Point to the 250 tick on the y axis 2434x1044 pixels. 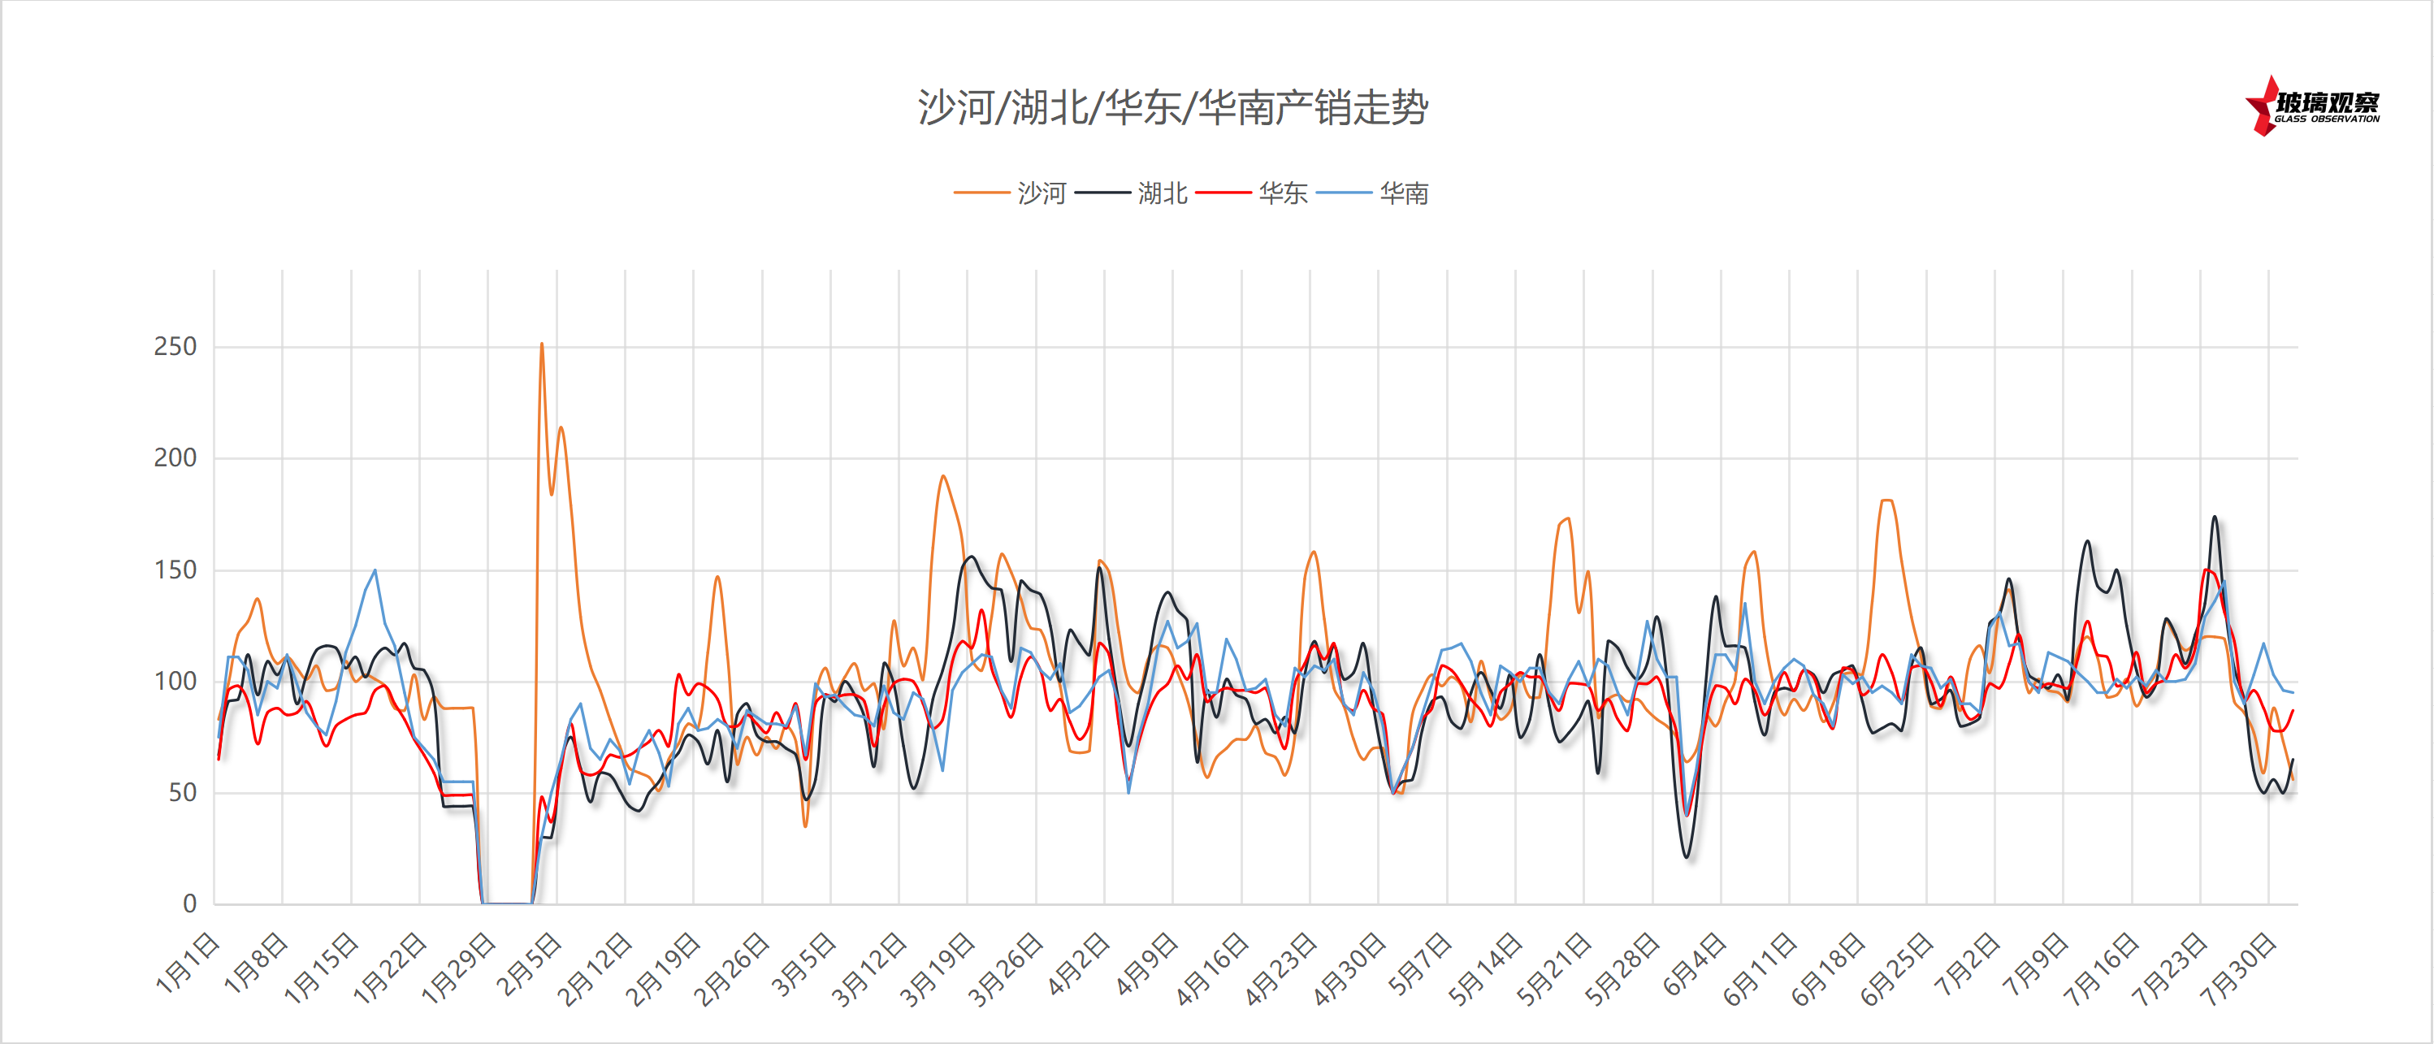175,347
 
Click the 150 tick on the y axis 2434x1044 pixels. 175,570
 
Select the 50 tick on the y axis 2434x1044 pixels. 181,793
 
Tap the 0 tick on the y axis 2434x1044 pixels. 189,904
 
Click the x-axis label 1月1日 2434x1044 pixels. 188,963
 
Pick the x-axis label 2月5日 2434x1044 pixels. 530,963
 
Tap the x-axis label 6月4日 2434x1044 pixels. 1694,963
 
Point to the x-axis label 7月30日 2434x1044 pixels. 2237,968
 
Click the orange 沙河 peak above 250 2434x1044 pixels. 541,344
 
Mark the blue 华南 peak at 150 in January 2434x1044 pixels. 375,570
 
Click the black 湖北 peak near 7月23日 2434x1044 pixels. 2215,517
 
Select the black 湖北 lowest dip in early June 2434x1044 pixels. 1687,856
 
